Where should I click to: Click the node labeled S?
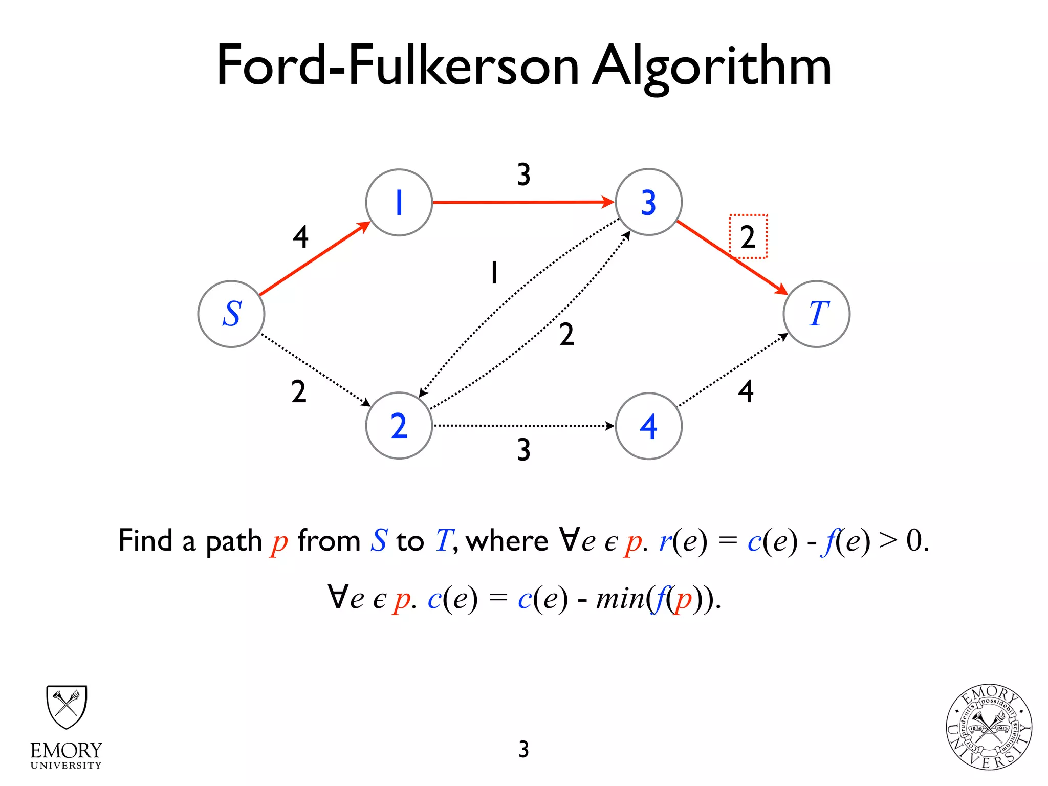coord(231,314)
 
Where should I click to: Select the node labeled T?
coord(816,314)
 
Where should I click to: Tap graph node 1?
coord(399,202)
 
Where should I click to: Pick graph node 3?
coord(648,202)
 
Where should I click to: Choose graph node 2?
coord(399,425)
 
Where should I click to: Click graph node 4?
coord(648,426)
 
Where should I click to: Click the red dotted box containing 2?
coord(748,236)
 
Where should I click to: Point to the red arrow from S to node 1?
coord(314,259)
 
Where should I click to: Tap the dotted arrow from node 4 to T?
coord(732,370)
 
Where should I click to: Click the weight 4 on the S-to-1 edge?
coord(300,237)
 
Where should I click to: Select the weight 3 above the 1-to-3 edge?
coord(523,174)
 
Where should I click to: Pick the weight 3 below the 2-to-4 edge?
coord(523,450)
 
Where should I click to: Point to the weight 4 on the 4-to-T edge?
coord(746,391)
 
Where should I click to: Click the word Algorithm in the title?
coord(711,67)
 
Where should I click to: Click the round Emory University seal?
coord(989,727)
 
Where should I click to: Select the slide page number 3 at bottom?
coord(523,749)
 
